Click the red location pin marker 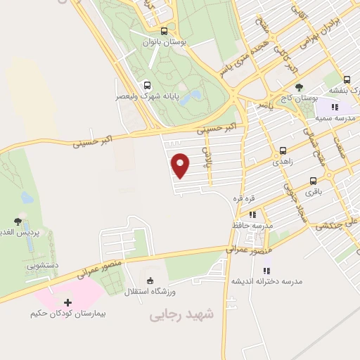tap(181, 165)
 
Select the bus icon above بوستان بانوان tap(164, 31)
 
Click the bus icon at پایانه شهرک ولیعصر tap(146, 86)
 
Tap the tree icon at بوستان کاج tap(300, 87)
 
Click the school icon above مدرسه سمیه tap(335, 107)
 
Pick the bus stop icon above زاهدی tap(283, 150)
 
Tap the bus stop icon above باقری tap(313, 181)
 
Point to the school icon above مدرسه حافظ tap(252, 214)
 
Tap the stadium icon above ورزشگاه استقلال tap(149, 280)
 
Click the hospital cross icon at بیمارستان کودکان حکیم tap(67, 302)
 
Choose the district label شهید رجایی tap(181, 316)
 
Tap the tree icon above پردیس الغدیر tap(18, 221)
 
